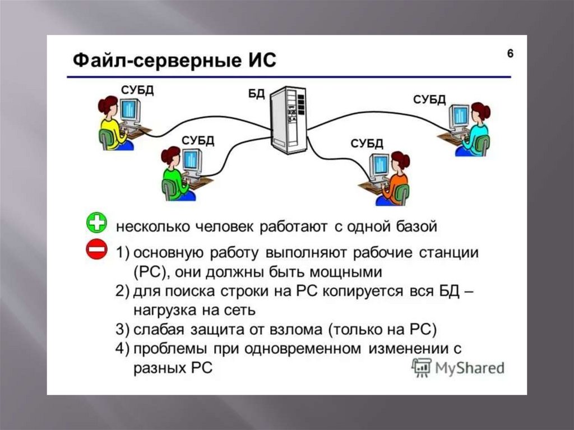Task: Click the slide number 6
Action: [x=510, y=54]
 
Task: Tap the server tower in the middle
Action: [x=288, y=120]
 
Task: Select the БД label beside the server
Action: [x=256, y=94]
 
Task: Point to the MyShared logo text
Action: [x=469, y=368]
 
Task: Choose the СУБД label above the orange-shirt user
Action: [x=367, y=143]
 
